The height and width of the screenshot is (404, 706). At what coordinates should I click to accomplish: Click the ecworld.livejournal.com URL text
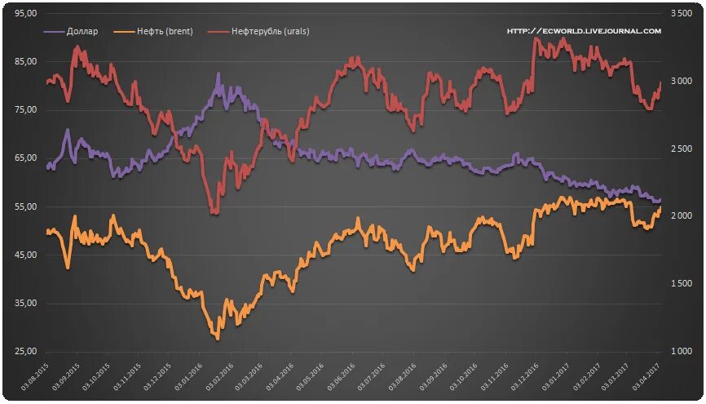point(584,31)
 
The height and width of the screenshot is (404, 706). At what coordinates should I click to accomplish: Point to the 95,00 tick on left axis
point(26,14)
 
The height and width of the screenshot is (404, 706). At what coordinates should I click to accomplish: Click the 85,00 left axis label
point(26,62)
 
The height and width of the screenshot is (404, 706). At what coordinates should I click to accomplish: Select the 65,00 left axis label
point(26,158)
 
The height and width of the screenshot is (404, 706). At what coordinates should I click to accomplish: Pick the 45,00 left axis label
point(26,255)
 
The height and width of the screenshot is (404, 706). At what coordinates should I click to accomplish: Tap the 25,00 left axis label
point(26,352)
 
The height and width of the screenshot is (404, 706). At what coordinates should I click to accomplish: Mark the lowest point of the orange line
point(217,338)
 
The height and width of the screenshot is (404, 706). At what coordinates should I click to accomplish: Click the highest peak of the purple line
point(218,74)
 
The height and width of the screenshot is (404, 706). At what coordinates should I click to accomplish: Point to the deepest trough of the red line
point(214,213)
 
